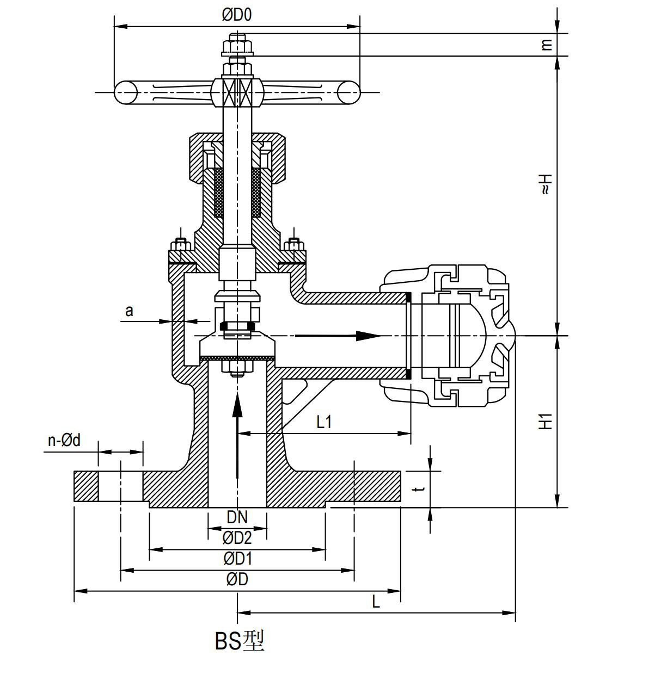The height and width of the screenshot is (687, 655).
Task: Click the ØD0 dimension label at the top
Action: [x=237, y=15]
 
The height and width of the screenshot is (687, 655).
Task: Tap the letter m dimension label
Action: [x=547, y=44]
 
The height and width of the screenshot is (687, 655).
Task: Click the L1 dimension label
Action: [x=324, y=422]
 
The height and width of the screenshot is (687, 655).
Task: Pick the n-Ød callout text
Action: [x=64, y=441]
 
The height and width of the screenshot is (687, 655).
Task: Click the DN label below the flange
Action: [x=237, y=517]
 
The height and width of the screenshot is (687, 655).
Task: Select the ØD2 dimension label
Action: [x=237, y=538]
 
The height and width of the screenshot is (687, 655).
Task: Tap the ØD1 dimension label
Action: [x=238, y=559]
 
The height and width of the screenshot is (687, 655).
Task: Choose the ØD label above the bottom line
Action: [x=237, y=580]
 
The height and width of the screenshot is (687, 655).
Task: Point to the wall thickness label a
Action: [x=129, y=311]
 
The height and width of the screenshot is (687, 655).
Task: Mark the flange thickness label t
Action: [x=418, y=490]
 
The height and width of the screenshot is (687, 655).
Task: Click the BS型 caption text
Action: [x=240, y=641]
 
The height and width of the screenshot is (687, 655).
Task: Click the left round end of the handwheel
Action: [x=125, y=92]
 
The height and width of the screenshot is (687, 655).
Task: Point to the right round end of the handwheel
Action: [x=348, y=92]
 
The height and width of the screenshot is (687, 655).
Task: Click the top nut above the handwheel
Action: [x=237, y=46]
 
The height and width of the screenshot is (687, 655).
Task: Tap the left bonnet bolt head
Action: [x=180, y=243]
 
